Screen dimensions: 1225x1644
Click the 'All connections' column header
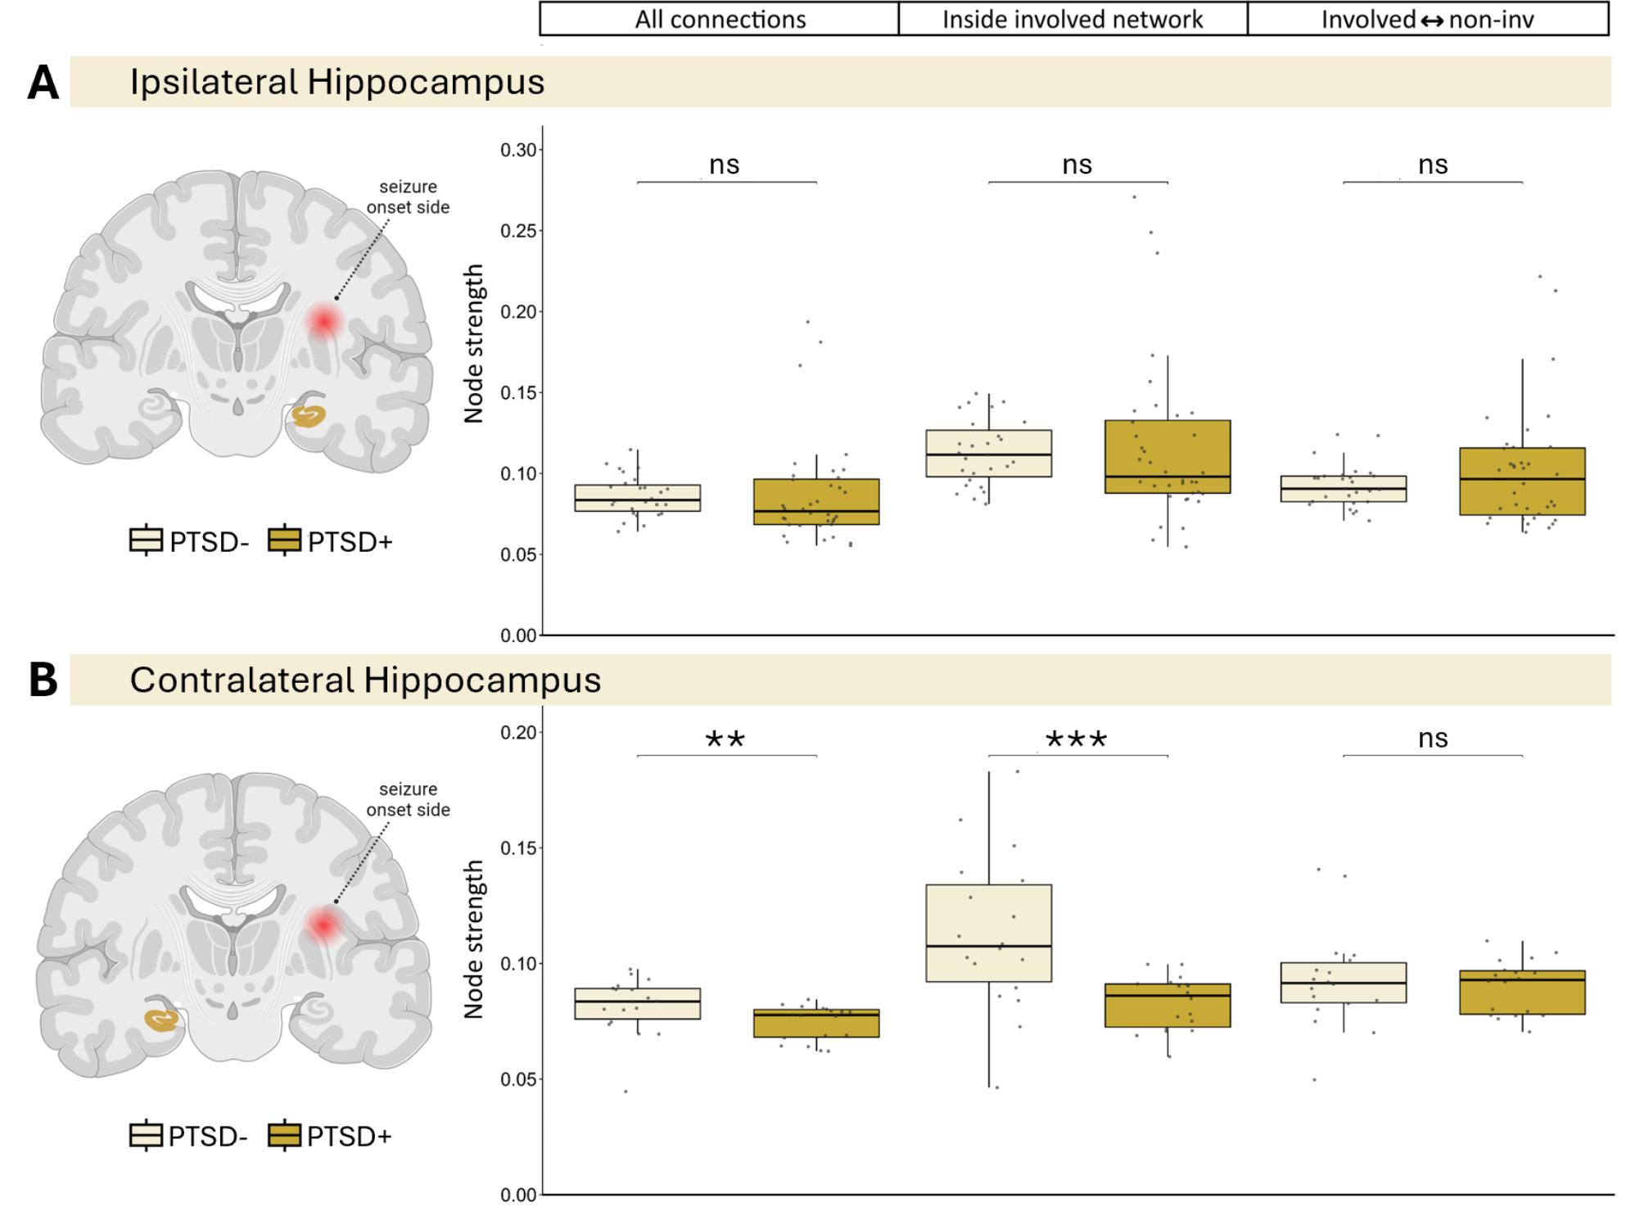coord(720,19)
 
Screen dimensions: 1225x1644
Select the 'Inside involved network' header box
coord(1073,19)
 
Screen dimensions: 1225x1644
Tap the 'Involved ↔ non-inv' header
coord(1427,19)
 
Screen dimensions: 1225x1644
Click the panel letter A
coord(43,83)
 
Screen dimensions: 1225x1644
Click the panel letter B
coord(43,680)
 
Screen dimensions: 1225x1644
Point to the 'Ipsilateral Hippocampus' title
coord(336,82)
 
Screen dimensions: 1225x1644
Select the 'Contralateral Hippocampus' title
coord(365,680)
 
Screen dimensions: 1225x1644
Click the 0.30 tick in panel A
coord(518,150)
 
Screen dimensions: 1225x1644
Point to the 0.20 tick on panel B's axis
coord(518,732)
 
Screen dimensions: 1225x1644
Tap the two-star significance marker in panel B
coord(725,740)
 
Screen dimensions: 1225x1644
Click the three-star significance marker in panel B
coord(1077,740)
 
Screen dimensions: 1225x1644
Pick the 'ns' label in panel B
coord(1433,739)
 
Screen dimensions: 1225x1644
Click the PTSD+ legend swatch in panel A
coord(284,540)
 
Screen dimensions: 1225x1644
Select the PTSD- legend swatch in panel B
coord(146,1136)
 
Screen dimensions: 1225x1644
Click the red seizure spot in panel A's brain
coord(324,322)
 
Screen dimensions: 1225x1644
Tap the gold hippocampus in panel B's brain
coord(161,1019)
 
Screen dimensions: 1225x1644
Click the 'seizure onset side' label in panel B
coord(408,799)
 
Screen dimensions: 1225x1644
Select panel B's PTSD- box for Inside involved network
coord(988,933)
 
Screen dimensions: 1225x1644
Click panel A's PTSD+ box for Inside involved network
coord(1167,456)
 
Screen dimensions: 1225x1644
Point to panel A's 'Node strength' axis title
coord(474,343)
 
